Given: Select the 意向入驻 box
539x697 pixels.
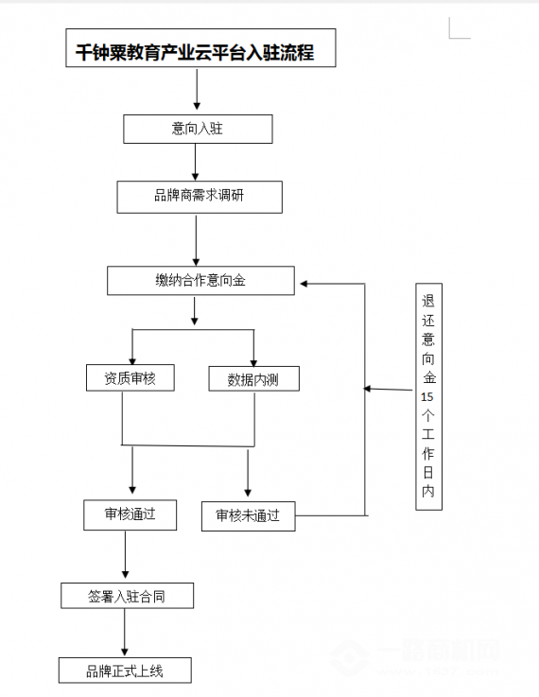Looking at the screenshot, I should pos(198,129).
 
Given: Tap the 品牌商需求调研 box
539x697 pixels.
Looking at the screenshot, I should pos(199,197).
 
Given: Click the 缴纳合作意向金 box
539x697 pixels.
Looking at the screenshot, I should pos(200,281).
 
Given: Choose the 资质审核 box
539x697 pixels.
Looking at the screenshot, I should pos(130,378).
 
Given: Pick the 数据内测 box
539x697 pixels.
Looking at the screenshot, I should pos(252,379).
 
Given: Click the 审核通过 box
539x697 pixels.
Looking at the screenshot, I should pos(130,514).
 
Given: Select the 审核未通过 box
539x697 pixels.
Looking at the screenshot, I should pos(248,515).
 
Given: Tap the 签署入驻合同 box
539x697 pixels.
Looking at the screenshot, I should pos(128,596).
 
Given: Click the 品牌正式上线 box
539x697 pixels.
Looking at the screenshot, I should pos(125,671).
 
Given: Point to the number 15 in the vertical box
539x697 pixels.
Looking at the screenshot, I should pos(427,397).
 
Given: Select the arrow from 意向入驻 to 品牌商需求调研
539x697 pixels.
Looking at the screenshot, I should pos(196,161).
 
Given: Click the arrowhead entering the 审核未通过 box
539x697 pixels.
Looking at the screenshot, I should pos(248,493).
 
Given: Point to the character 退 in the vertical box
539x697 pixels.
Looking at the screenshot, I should pos(428,303).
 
